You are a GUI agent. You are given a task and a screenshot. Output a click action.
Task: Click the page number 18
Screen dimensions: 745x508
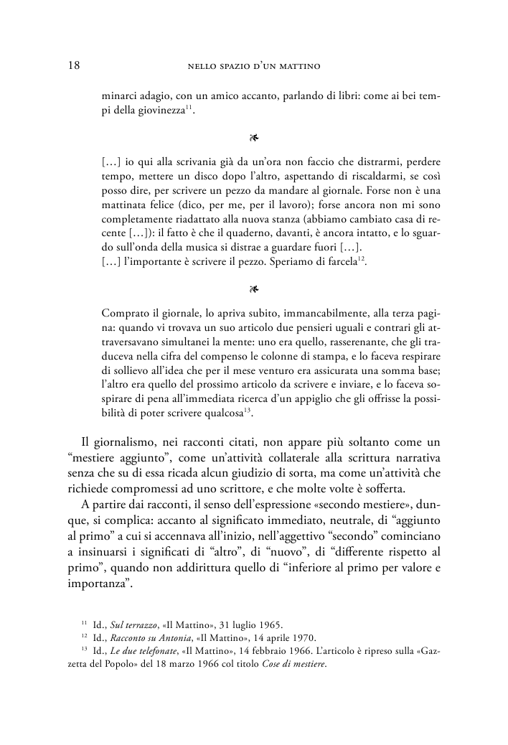(x=72, y=66)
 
